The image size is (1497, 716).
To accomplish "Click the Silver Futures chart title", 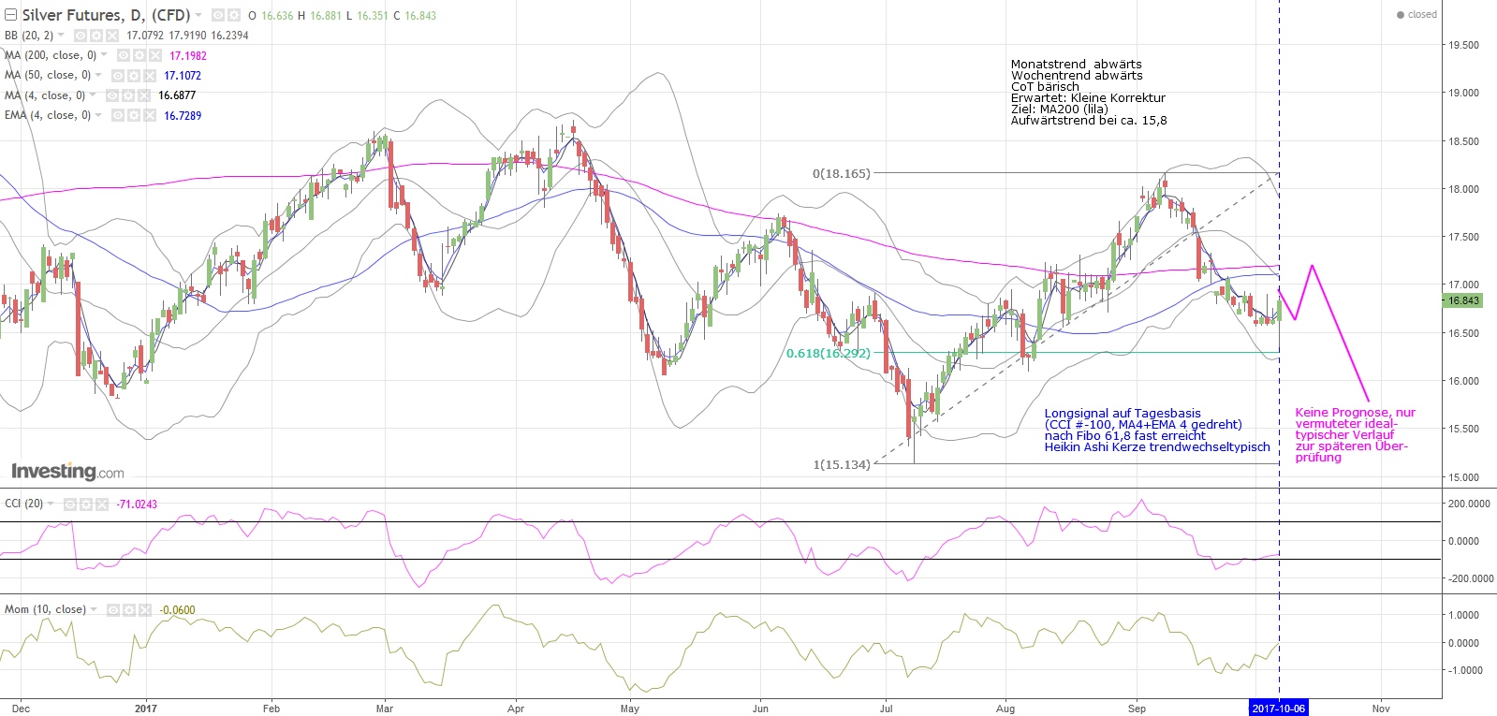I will click(x=106, y=15).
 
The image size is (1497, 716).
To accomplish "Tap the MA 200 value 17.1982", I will click(x=187, y=55).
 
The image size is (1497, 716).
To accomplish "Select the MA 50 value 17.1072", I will click(x=183, y=75).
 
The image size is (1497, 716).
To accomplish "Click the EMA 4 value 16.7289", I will click(x=183, y=115).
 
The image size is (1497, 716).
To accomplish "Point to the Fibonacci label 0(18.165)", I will click(x=841, y=173).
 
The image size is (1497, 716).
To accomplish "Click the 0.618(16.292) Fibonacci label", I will click(x=828, y=353).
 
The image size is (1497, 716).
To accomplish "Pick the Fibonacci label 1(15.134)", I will click(x=841, y=464).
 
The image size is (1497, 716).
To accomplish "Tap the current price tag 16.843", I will click(x=1463, y=300).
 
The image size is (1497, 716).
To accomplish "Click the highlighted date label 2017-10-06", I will click(x=1278, y=709).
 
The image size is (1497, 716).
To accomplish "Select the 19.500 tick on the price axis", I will click(x=1463, y=45).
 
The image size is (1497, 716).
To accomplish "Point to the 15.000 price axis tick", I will click(x=1463, y=477).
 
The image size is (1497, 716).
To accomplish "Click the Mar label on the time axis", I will click(x=384, y=709).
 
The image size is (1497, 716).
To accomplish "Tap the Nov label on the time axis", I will click(x=1381, y=709).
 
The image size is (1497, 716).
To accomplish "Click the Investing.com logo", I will click(x=67, y=471).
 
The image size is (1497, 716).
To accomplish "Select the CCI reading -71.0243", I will click(x=137, y=504).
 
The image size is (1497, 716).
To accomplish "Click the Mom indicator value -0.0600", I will click(x=177, y=610).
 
